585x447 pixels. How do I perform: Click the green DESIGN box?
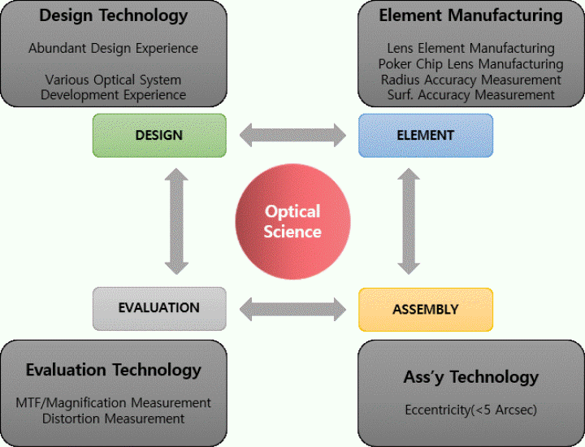coord(159,135)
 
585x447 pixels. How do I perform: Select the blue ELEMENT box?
coord(426,135)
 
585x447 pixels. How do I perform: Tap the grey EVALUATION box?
coord(159,308)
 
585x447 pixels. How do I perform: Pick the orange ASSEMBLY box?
coord(426,309)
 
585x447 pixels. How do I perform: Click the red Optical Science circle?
coord(292,221)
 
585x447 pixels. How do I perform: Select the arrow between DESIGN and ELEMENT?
coord(292,135)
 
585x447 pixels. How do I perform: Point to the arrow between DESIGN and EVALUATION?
coord(176,221)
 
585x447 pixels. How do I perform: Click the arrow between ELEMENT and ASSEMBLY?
coord(409,221)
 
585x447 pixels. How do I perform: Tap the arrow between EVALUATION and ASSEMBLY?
coord(292,309)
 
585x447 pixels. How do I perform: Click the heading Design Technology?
coord(114,15)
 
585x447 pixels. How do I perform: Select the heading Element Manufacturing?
coord(470,15)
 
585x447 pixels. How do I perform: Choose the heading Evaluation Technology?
coord(114,370)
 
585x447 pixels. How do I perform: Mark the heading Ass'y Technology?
coord(470,376)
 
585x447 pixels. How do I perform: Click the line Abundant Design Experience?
coord(114,49)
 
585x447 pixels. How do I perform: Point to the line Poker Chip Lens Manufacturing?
coord(470,64)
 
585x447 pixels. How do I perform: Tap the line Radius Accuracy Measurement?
coord(470,80)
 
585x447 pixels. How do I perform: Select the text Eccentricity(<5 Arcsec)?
coord(470,410)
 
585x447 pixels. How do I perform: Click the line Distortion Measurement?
coord(114,419)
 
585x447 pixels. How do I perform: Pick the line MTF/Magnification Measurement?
coord(114,403)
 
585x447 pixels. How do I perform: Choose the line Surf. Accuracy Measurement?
coord(470,95)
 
